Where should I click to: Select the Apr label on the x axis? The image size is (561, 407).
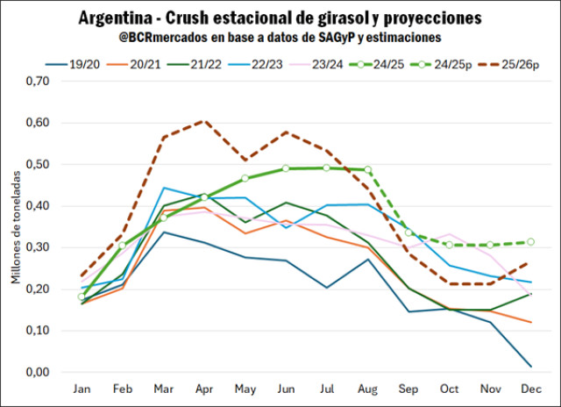203,389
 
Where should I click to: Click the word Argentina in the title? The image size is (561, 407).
115,18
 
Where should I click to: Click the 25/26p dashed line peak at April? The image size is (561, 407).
203,120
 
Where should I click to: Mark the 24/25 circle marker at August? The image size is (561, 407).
368,169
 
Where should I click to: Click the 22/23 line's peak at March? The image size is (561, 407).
163,188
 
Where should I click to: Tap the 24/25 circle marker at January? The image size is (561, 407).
82,296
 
